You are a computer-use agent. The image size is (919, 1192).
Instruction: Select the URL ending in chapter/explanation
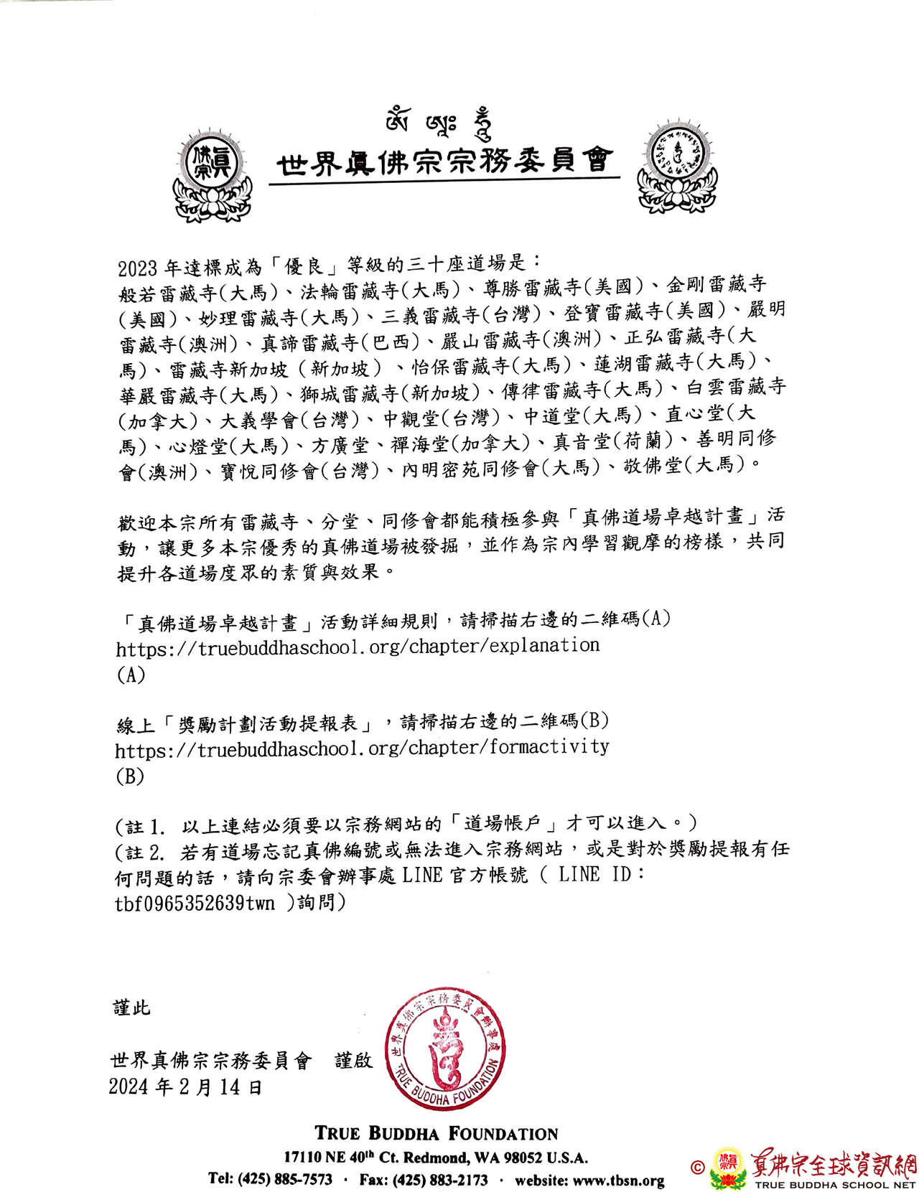tap(358, 646)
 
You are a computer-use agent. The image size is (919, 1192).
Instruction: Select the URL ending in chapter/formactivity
tap(362, 748)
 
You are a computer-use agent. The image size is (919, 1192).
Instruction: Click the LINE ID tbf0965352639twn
tap(195, 904)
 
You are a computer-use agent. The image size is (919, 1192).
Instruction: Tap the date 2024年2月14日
tap(185, 1087)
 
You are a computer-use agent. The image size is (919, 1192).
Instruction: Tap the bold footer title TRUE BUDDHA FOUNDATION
tap(437, 1134)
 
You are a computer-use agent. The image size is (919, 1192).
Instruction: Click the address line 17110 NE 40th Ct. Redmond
tap(436, 1158)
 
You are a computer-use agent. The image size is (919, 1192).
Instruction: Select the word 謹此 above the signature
tap(132, 1008)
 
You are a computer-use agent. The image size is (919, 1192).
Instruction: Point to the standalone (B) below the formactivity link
tap(130, 776)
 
